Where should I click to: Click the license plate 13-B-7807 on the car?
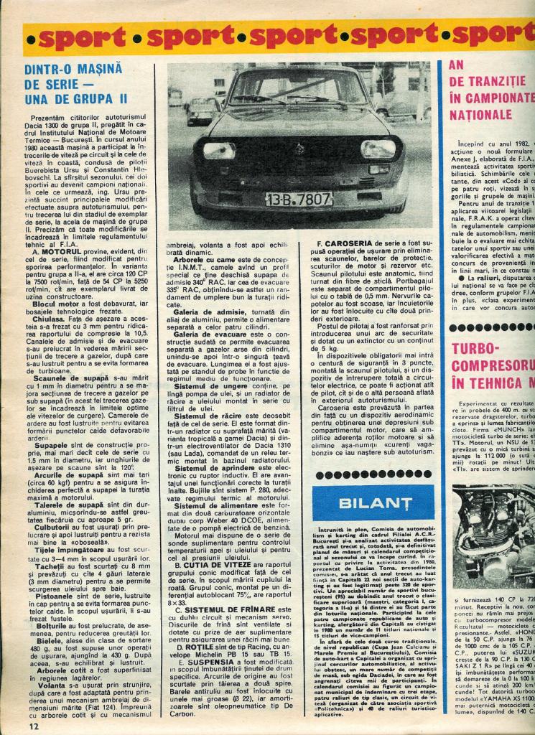click(298, 199)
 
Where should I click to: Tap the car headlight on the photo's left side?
click(218, 150)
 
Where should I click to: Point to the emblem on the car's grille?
click(301, 149)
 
